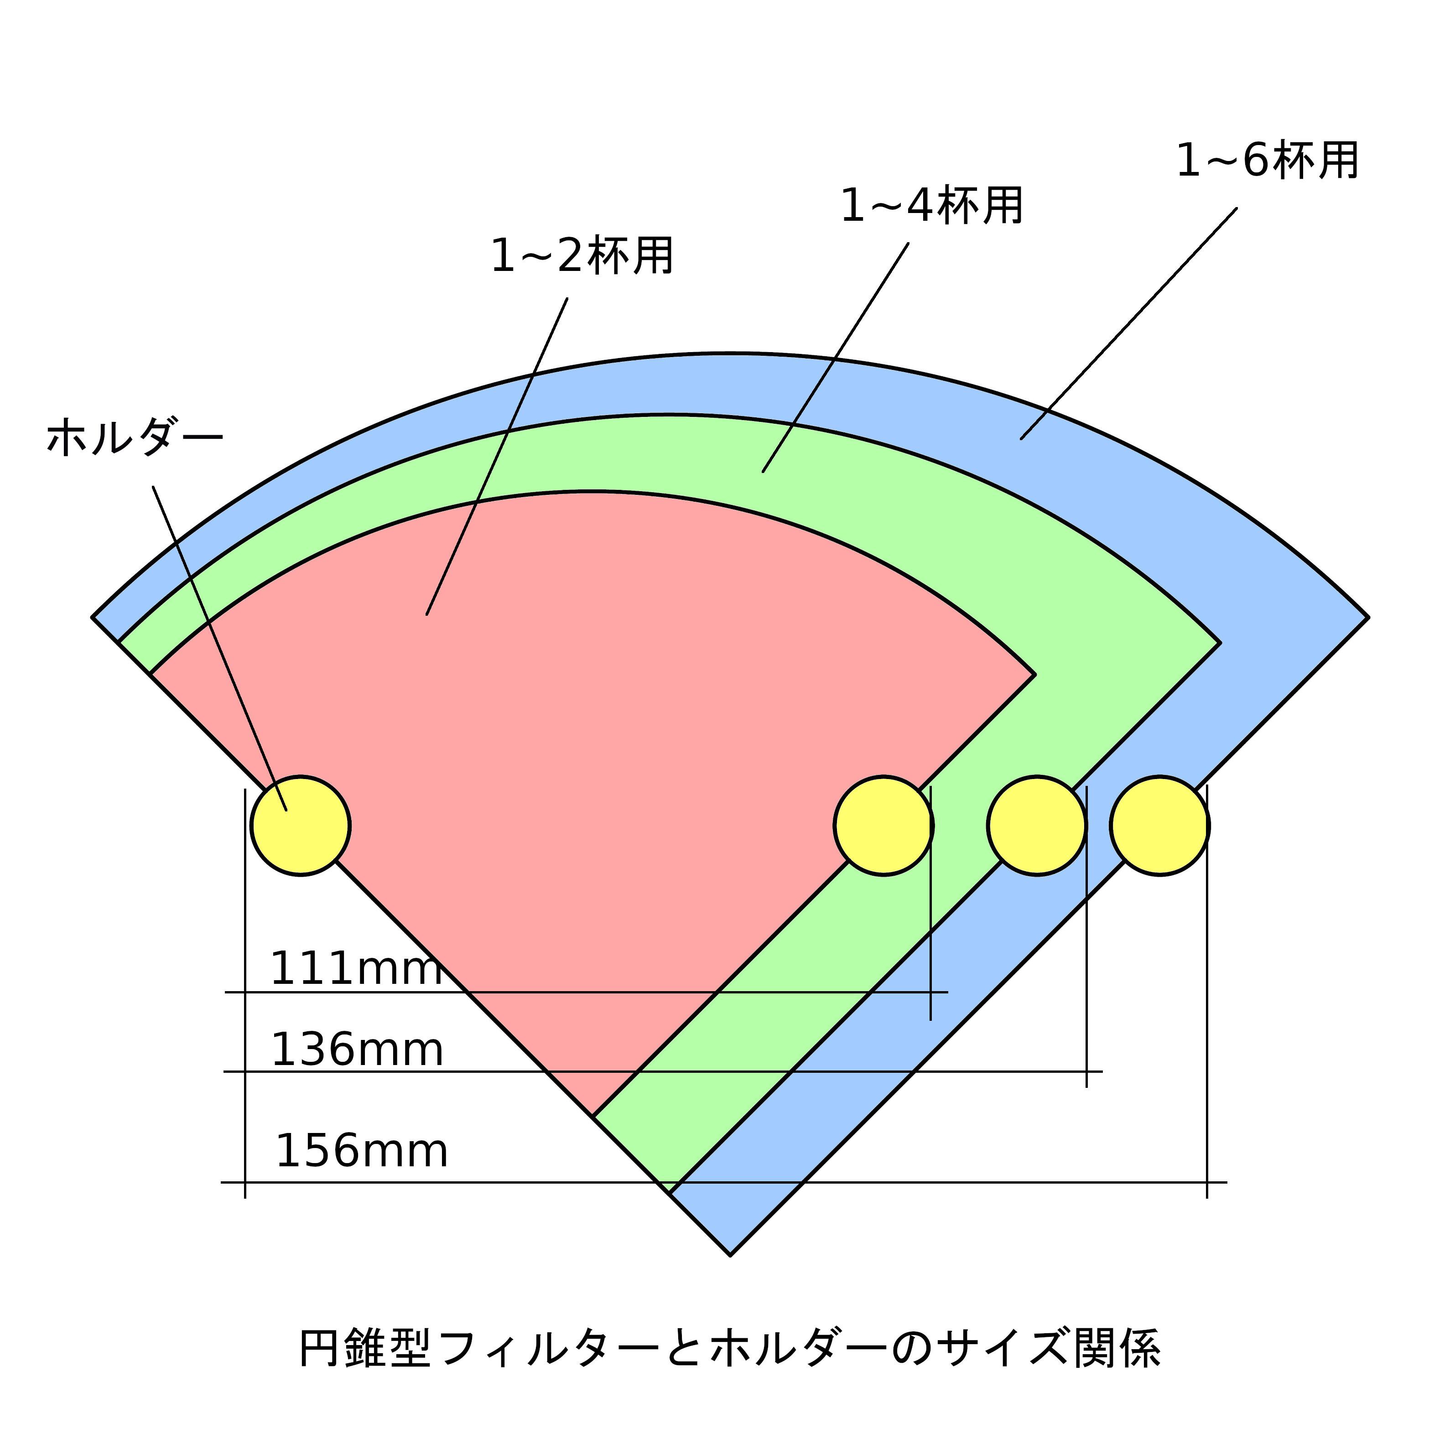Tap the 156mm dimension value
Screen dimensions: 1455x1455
[x=362, y=1152]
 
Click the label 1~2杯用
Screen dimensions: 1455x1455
[x=582, y=256]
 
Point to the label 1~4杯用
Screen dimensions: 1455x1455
[x=931, y=206]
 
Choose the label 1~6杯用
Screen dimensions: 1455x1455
[x=1268, y=161]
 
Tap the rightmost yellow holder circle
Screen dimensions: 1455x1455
[x=1160, y=826]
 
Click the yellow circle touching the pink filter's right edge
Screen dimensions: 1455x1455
[x=883, y=826]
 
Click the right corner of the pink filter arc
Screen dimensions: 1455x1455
[x=1034, y=674]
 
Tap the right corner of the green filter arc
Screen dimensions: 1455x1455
[x=1219, y=643]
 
